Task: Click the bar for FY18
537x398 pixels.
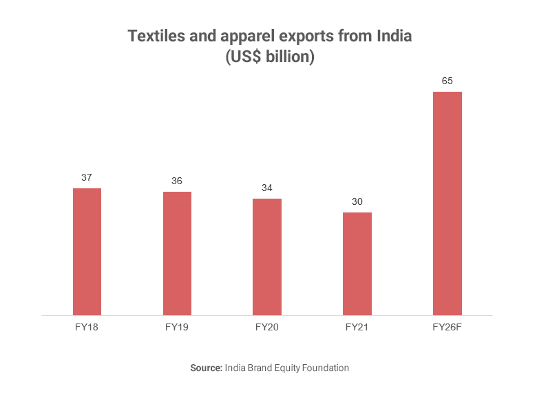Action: pyautogui.click(x=87, y=252)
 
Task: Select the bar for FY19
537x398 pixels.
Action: pyautogui.click(x=177, y=253)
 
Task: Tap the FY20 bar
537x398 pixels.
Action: pyautogui.click(x=267, y=257)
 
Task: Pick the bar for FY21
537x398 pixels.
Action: pyautogui.click(x=357, y=263)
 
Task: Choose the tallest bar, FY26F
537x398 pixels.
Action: pyautogui.click(x=447, y=203)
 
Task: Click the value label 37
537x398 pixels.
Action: pyautogui.click(x=87, y=177)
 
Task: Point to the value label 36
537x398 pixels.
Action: pyautogui.click(x=177, y=181)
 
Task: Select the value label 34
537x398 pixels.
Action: pyautogui.click(x=267, y=188)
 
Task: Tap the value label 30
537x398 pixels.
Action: pyautogui.click(x=357, y=201)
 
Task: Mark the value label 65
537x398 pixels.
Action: pyautogui.click(x=447, y=81)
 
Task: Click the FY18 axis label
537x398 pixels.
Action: pyautogui.click(x=87, y=327)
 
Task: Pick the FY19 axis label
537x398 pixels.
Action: pyautogui.click(x=177, y=327)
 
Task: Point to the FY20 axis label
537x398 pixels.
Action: pyautogui.click(x=267, y=327)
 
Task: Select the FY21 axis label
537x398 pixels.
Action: pyautogui.click(x=357, y=327)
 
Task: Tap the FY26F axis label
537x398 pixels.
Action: pyautogui.click(x=447, y=327)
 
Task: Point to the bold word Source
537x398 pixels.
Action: pyautogui.click(x=205, y=368)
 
